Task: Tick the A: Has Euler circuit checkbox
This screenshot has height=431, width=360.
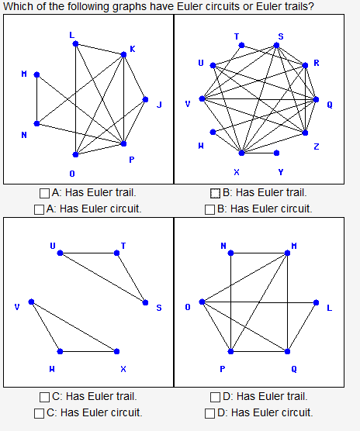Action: click(x=39, y=209)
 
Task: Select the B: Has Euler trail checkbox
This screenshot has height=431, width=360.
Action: click(x=215, y=193)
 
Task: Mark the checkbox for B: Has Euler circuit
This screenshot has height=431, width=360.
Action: click(x=209, y=209)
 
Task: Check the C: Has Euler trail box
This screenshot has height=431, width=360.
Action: click(x=45, y=397)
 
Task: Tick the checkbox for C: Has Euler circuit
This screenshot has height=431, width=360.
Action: click(x=39, y=412)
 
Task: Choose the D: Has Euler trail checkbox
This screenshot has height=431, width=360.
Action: click(x=215, y=397)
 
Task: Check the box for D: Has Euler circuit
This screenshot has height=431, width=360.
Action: click(x=209, y=412)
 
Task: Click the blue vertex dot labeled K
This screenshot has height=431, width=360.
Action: click(x=123, y=54)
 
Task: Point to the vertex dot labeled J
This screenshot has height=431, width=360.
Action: click(x=145, y=99)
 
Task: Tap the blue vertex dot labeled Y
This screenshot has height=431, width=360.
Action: click(x=277, y=153)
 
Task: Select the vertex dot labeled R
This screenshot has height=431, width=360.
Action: click(x=306, y=64)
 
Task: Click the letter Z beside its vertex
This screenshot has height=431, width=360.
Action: click(x=316, y=147)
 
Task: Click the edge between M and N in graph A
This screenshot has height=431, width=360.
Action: click(x=36, y=99)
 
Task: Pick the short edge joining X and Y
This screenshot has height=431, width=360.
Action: click(x=259, y=153)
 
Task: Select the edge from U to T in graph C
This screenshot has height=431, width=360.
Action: click(x=88, y=253)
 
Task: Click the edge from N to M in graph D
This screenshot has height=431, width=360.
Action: click(x=259, y=253)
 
